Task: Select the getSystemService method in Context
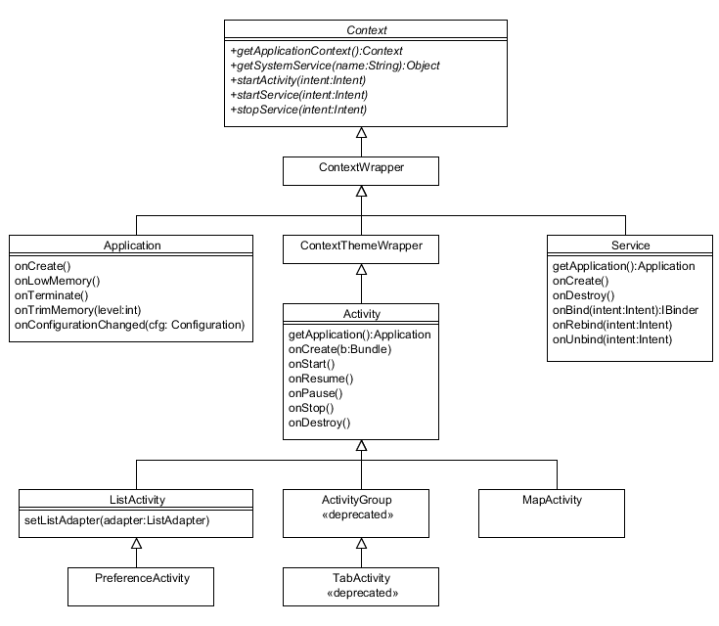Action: pos(335,66)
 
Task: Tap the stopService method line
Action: pos(298,110)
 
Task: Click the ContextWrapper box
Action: pos(361,168)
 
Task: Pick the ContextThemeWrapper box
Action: pos(361,246)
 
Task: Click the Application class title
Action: pos(132,246)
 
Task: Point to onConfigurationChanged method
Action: pos(128,324)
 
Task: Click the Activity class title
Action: pos(361,315)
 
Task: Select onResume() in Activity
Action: pos(321,379)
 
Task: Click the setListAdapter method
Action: pos(117,520)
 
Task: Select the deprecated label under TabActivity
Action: pos(361,593)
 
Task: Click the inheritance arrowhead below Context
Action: pos(361,133)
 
